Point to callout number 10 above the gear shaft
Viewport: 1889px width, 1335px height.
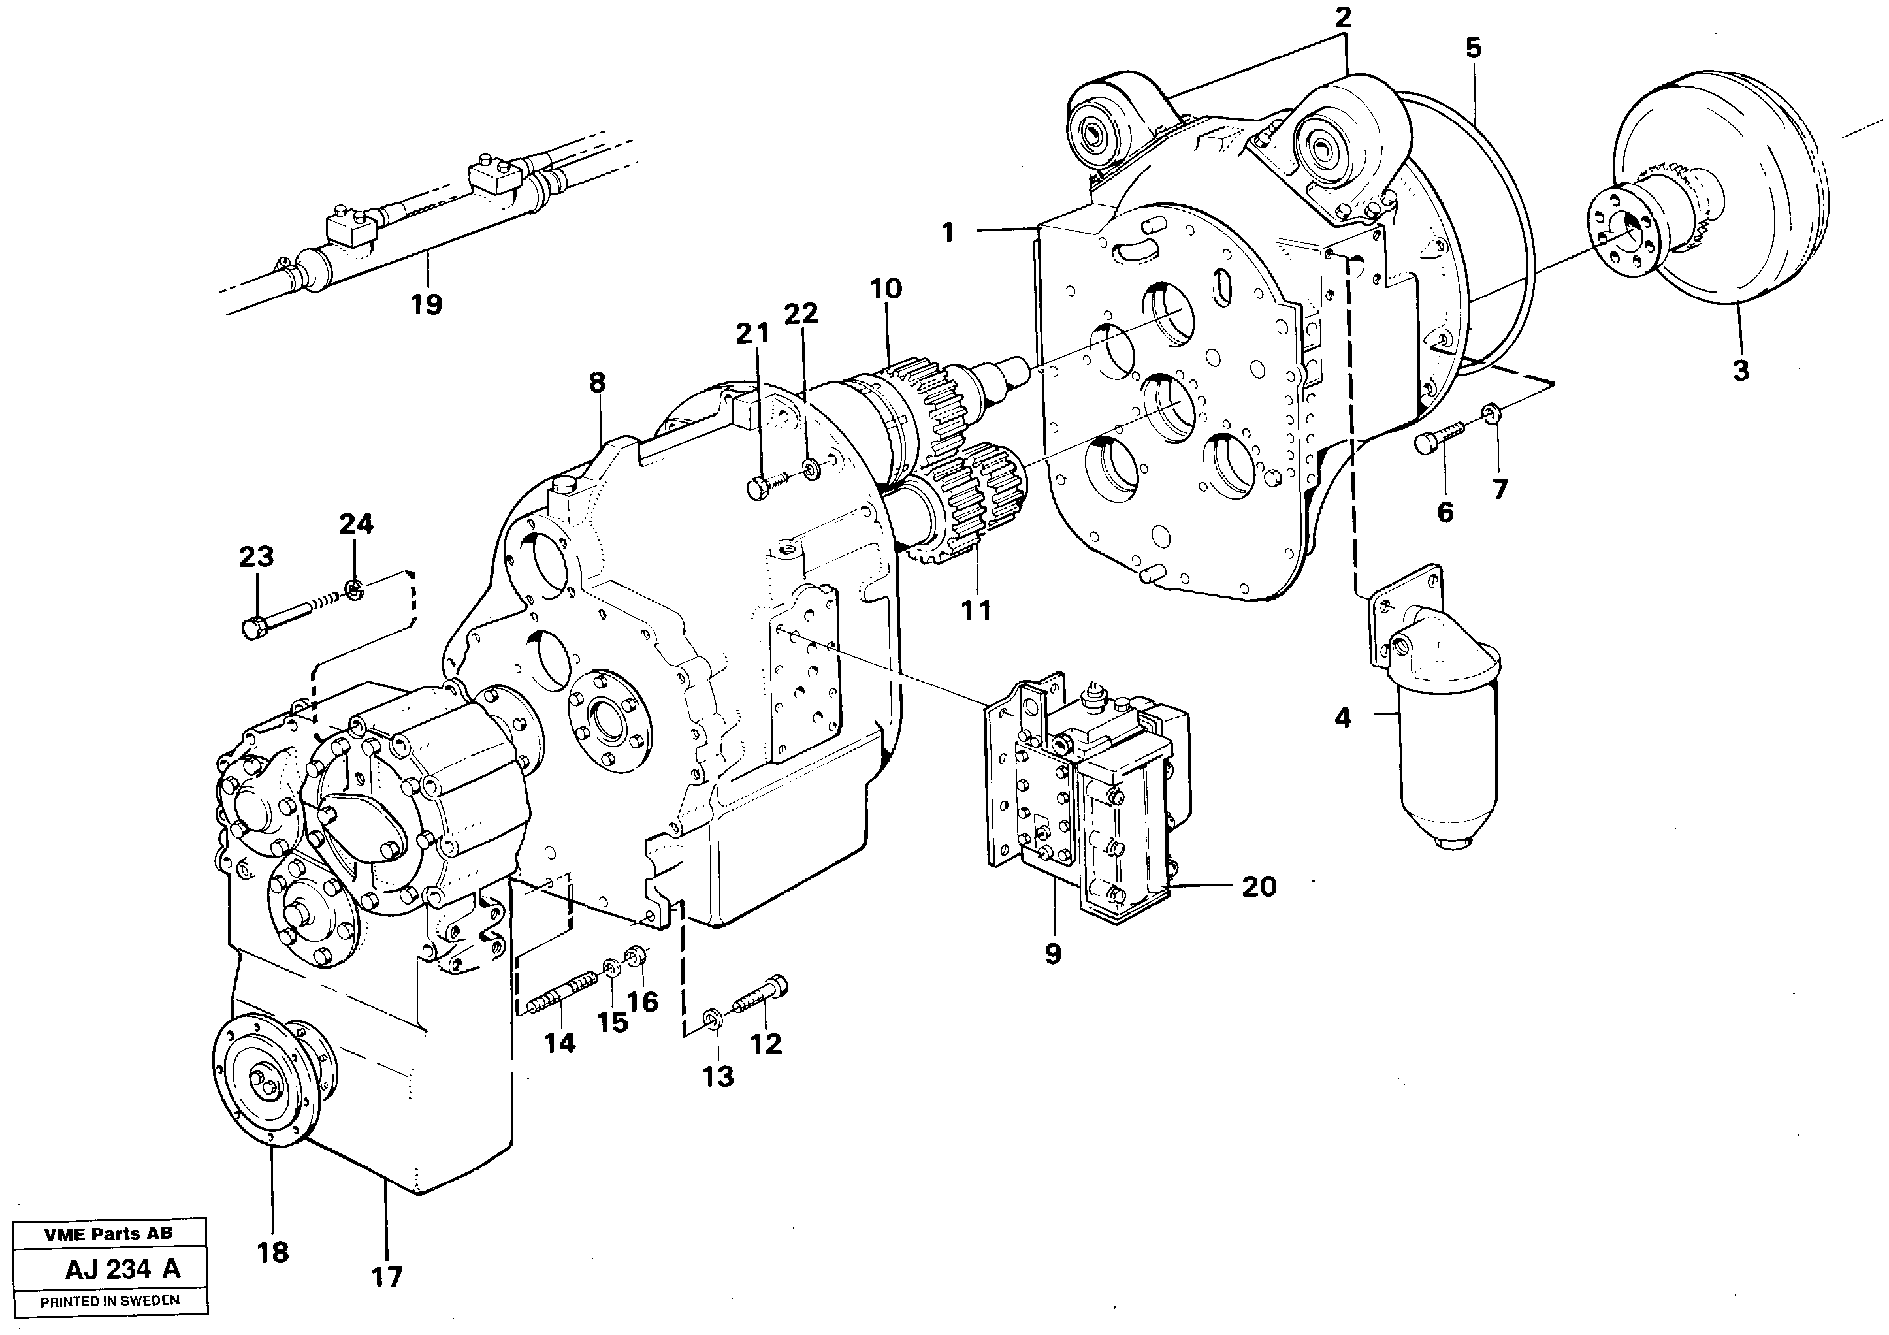pos(886,289)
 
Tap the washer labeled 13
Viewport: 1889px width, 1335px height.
pos(713,1020)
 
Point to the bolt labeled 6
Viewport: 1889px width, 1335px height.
pos(1440,436)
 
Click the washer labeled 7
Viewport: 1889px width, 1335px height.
pos(1491,411)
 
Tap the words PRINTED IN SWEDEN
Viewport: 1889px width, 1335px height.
pos(110,1301)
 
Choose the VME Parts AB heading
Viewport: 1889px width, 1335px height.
pos(108,1234)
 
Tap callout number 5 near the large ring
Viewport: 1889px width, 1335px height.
pos(1473,48)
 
